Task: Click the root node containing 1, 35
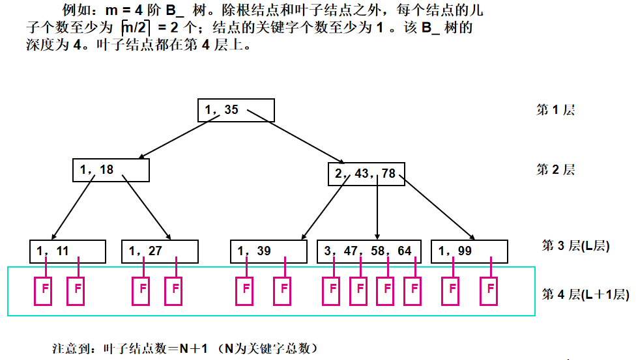(x=236, y=110)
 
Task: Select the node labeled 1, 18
(x=111, y=170)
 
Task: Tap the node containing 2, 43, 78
(x=366, y=173)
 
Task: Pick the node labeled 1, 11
(x=68, y=251)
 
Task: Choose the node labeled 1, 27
(x=159, y=251)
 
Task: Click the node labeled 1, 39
(x=268, y=251)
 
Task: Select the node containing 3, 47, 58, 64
(x=369, y=251)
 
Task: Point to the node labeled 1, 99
(x=468, y=251)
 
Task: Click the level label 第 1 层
(x=555, y=110)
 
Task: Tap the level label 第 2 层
(x=555, y=170)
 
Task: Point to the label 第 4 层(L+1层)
(x=584, y=294)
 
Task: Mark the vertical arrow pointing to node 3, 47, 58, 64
(x=378, y=208)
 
